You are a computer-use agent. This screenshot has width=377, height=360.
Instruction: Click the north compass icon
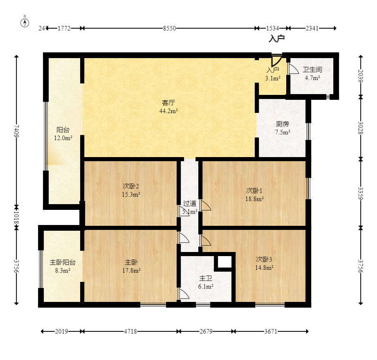(25, 22)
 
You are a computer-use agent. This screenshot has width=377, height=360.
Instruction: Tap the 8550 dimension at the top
(170, 28)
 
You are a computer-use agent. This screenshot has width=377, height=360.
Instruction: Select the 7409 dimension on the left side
(16, 131)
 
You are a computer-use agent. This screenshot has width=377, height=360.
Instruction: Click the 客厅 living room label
(168, 103)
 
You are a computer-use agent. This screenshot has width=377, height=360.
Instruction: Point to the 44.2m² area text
(168, 111)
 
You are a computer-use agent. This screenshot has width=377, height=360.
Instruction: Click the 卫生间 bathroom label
(312, 70)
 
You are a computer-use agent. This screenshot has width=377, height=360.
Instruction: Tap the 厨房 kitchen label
(283, 124)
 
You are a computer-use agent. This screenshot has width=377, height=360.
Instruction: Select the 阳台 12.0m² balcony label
(63, 134)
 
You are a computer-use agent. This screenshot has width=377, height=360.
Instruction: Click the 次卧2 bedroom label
(130, 186)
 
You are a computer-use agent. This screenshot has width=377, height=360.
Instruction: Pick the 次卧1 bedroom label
(254, 191)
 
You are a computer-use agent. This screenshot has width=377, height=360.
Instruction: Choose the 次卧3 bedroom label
(264, 259)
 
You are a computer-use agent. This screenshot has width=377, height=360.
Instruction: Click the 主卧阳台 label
(63, 262)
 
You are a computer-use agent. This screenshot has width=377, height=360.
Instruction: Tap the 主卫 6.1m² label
(206, 282)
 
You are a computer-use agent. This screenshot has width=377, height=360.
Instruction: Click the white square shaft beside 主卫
(224, 262)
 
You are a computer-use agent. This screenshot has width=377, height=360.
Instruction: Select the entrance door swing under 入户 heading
(276, 61)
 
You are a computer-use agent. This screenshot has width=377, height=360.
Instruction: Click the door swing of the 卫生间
(293, 69)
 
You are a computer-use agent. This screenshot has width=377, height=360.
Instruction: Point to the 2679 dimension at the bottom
(206, 331)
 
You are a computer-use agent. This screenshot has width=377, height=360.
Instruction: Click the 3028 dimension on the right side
(361, 128)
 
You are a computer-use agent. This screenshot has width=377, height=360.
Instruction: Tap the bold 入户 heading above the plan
(276, 38)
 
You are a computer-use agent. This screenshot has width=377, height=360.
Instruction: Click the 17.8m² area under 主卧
(131, 270)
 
